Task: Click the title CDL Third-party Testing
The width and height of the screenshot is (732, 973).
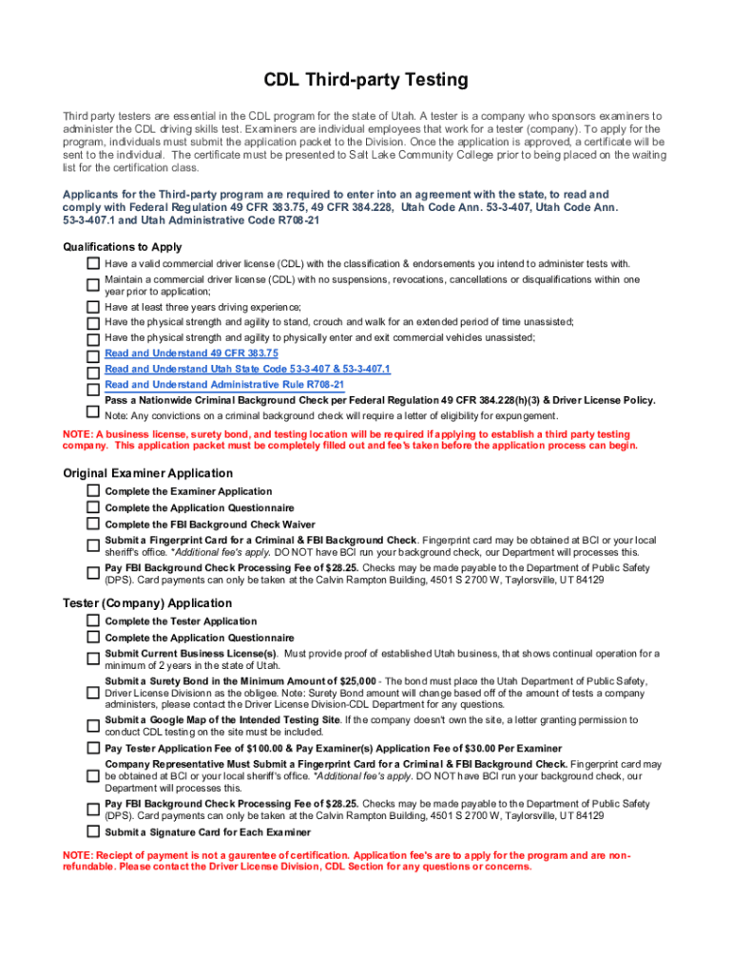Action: pos(366,80)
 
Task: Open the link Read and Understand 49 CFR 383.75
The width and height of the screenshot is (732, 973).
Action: pos(171,353)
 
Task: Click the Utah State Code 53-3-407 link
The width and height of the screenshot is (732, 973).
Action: pos(247,369)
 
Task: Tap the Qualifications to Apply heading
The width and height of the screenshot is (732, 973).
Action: pos(122,247)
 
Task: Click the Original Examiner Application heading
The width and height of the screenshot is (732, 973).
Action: pos(147,473)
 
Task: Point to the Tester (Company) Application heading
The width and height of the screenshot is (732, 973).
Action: pos(147,603)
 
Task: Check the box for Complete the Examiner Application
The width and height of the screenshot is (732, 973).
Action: pos(93,491)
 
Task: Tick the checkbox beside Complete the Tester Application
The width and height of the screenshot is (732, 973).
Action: pos(93,621)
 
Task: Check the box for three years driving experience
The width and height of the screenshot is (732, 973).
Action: pos(93,307)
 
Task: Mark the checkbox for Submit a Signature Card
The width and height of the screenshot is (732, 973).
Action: pos(93,833)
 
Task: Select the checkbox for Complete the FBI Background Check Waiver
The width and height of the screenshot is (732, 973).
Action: pos(93,525)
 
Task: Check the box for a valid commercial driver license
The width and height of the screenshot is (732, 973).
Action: pos(93,263)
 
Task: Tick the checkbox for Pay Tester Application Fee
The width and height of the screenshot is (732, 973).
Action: pos(93,749)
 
